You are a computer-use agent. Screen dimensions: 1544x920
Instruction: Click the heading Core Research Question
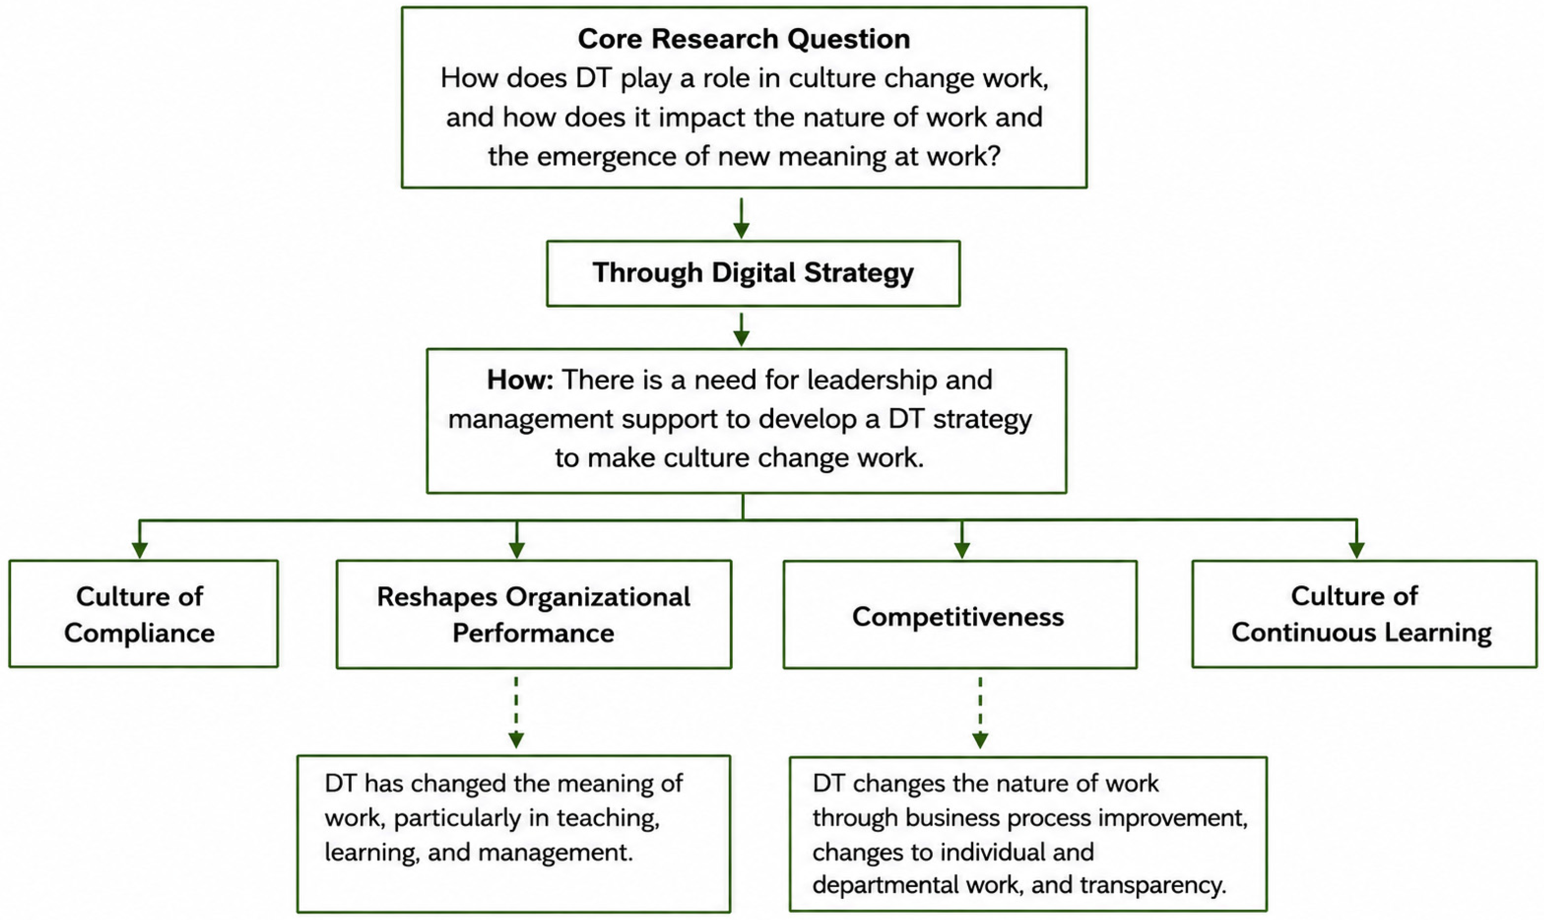[x=744, y=38]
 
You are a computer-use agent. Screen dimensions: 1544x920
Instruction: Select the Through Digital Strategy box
[x=753, y=273]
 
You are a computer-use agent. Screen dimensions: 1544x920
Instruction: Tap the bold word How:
[x=519, y=379]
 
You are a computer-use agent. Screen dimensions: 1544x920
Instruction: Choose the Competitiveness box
[x=960, y=614]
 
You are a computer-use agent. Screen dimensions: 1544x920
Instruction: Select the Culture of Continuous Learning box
[x=1364, y=614]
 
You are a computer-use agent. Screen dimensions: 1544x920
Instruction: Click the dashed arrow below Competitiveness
[x=980, y=713]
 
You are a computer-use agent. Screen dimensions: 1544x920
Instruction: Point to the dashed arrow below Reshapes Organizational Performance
[x=516, y=713]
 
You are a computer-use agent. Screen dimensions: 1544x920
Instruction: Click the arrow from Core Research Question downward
[x=741, y=218]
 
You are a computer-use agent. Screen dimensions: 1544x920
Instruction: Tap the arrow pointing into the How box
[x=741, y=329]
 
